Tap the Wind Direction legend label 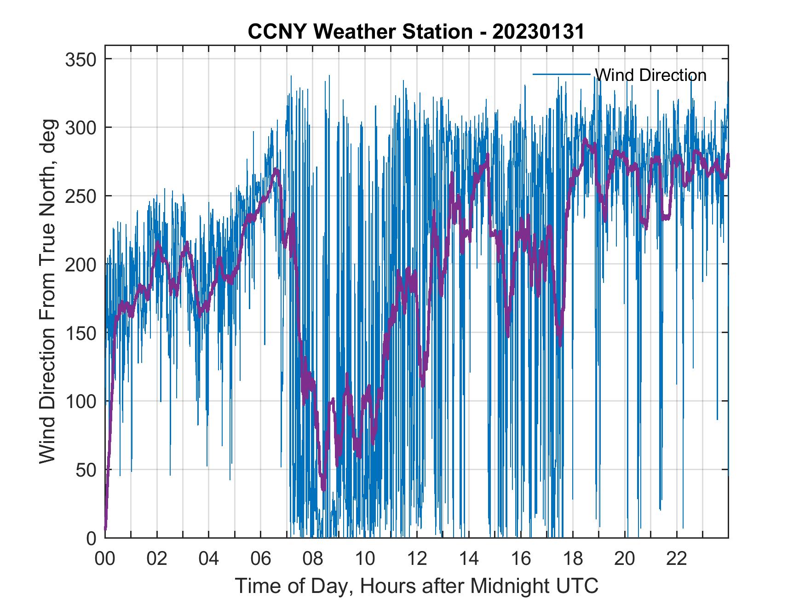(650, 75)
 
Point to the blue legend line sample (561, 74)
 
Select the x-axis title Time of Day (417, 586)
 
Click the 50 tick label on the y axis (86, 470)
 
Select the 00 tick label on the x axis (105, 559)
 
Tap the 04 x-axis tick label (209, 559)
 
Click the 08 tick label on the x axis (313, 559)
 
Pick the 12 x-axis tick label (417, 559)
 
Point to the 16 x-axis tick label (521, 559)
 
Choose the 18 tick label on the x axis (573, 559)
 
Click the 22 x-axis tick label (677, 559)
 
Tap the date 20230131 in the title (538, 32)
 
